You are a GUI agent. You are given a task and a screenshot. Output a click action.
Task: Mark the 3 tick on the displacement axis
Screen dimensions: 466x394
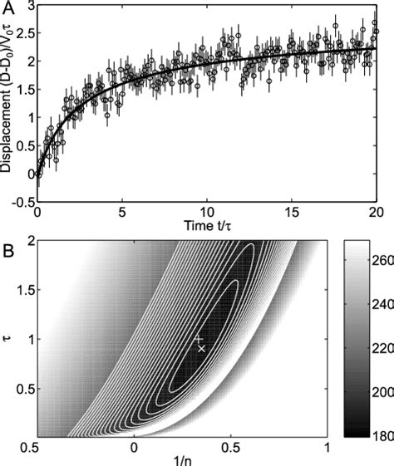[27, 7]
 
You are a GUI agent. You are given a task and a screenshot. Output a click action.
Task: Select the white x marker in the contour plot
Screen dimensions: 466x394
[201, 349]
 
